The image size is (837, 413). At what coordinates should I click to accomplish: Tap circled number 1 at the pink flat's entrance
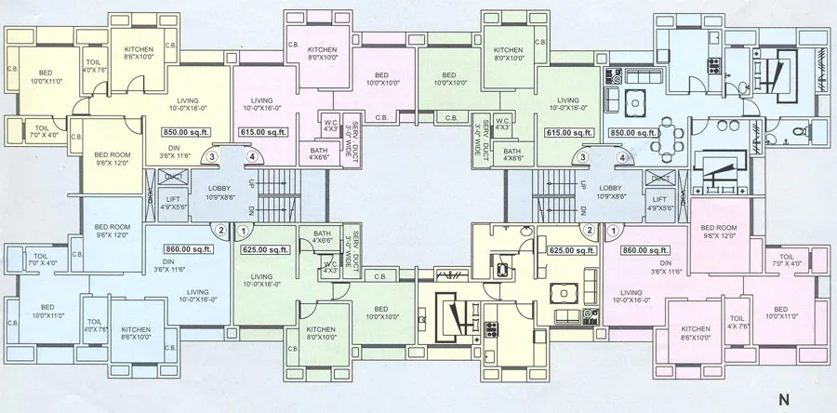613,229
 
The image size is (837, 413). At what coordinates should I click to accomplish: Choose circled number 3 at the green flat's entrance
583,158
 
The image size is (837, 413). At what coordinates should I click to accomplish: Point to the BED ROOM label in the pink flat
719,229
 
